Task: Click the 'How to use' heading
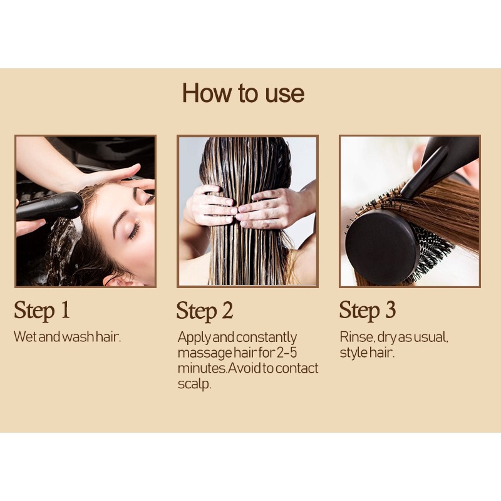(x=243, y=93)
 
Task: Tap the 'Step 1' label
(x=42, y=311)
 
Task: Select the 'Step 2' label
(x=205, y=311)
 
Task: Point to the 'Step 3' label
(x=368, y=310)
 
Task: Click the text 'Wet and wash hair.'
(x=68, y=337)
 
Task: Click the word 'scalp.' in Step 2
(x=194, y=384)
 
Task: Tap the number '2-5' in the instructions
(x=287, y=353)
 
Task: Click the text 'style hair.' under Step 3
(x=367, y=353)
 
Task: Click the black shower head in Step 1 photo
(x=50, y=205)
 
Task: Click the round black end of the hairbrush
(x=382, y=247)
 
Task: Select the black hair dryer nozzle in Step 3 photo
(x=440, y=165)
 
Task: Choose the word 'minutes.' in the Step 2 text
(x=202, y=368)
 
